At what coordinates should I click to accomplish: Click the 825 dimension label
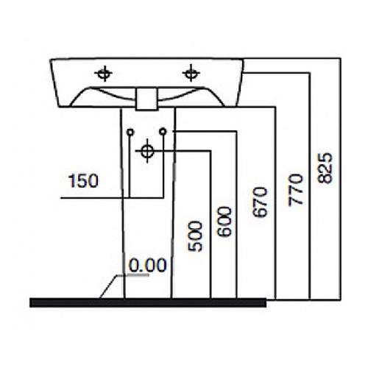coord(325,168)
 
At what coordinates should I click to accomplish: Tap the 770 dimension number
coord(296,190)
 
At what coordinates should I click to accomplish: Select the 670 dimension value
coord(259,202)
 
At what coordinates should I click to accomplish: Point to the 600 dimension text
coord(224,222)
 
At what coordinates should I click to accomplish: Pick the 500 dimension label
coord(195,236)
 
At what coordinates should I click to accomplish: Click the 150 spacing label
coord(83,181)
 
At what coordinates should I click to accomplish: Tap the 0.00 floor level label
coord(148,265)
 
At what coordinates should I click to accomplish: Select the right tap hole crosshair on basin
coord(191,73)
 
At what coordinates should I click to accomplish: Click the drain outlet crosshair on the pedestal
coord(147,151)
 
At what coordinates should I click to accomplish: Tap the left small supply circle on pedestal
coord(130,132)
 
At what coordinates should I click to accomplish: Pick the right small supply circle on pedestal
coord(163,132)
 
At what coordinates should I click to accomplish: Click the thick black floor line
coord(148,302)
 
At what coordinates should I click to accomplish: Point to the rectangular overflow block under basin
coord(146,99)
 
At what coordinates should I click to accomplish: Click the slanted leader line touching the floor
coord(108,286)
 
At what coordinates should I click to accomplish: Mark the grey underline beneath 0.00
coord(133,275)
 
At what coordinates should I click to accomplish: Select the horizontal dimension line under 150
coord(112,197)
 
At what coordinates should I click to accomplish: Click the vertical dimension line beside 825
coord(341,179)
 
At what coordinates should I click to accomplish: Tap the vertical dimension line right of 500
coord(210,224)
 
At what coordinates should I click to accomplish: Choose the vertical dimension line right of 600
coord(236,215)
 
